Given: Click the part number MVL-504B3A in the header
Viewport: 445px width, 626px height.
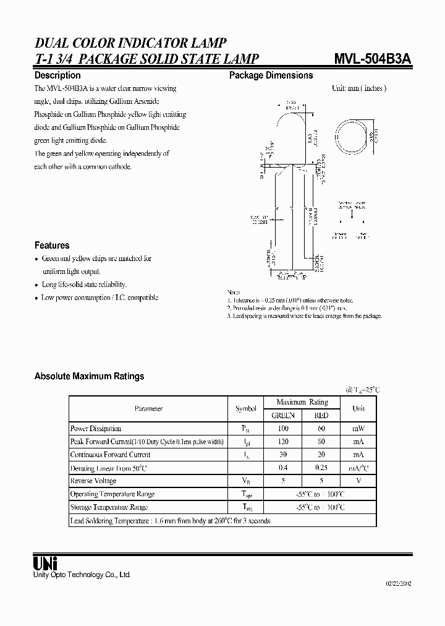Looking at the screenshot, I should coord(374,59).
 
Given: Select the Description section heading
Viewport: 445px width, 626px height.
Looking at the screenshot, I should coord(57,75).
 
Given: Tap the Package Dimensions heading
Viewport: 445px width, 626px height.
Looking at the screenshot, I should coord(271,75).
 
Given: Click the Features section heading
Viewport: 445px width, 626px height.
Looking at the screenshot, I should coord(52,245).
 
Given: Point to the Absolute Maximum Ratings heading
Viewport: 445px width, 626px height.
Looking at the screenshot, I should coord(89,376).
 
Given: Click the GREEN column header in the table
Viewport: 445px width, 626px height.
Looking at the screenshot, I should coord(283,415).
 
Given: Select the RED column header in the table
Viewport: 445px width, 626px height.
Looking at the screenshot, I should coord(321,415).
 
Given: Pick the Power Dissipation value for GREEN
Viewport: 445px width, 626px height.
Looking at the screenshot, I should coord(283,428).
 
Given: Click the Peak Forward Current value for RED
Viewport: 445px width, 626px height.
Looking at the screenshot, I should coord(321,442).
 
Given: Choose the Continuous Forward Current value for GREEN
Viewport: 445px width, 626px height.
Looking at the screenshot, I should coord(283,455).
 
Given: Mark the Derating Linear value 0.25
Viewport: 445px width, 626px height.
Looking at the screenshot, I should coord(321,468).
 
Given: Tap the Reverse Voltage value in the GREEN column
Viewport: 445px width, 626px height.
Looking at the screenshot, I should coord(283,481).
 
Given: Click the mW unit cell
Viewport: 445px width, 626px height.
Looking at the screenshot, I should coord(358,428).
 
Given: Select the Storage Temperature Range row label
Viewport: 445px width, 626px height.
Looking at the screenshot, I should coord(109,507).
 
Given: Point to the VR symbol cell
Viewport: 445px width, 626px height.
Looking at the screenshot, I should coord(245,481).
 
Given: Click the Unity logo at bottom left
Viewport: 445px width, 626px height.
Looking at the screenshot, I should coord(45,563).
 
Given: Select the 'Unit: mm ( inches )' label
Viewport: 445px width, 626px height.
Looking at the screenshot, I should coord(359,88).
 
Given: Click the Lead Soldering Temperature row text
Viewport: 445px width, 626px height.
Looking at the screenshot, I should coord(170,521).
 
